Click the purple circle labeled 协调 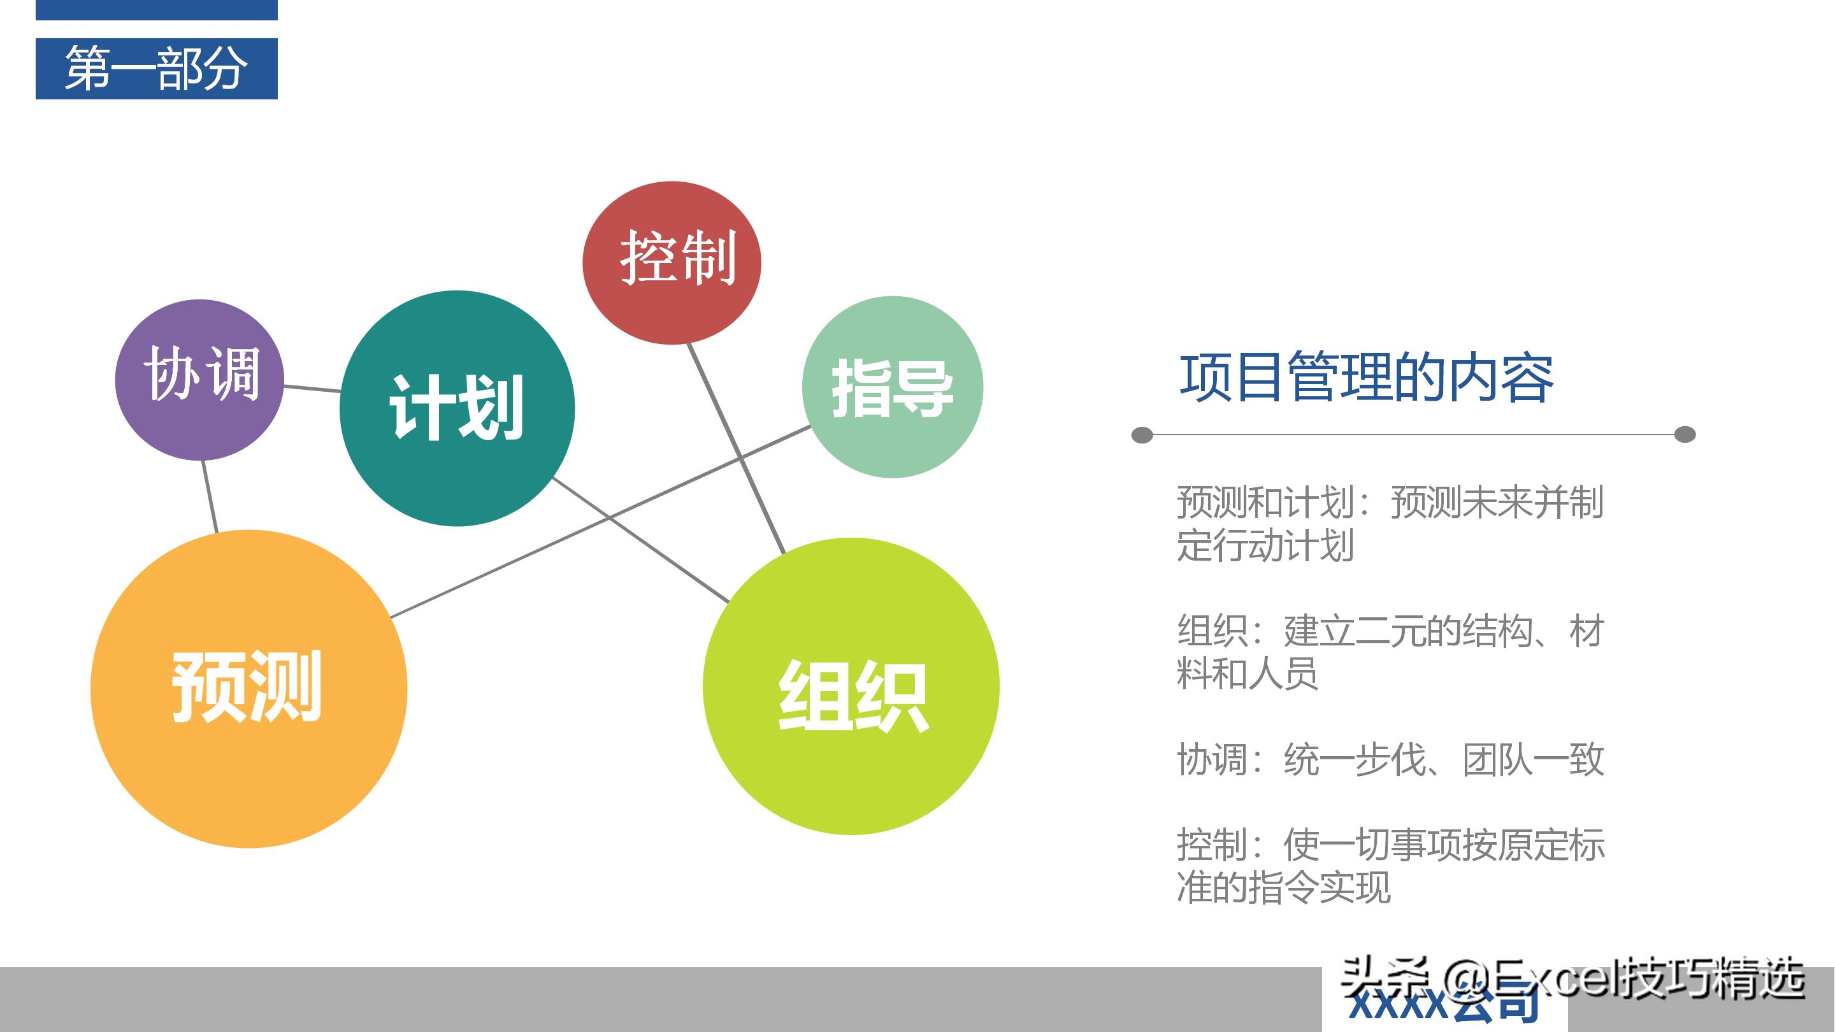(x=199, y=380)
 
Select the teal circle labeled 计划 (x=457, y=408)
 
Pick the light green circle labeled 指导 (x=893, y=387)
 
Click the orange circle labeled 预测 (x=248, y=689)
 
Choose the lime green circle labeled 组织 (x=851, y=686)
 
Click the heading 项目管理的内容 (x=1366, y=378)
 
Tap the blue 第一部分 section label (x=157, y=68)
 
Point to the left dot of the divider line (x=1142, y=434)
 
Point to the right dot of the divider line (x=1685, y=434)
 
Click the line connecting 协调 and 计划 (x=312, y=388)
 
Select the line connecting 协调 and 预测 (x=210, y=496)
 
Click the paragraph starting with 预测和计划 (x=1389, y=524)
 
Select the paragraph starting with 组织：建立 (x=1389, y=652)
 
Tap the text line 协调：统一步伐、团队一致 (x=1389, y=759)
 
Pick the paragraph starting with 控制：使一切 (x=1389, y=865)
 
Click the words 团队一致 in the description (x=1533, y=759)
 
